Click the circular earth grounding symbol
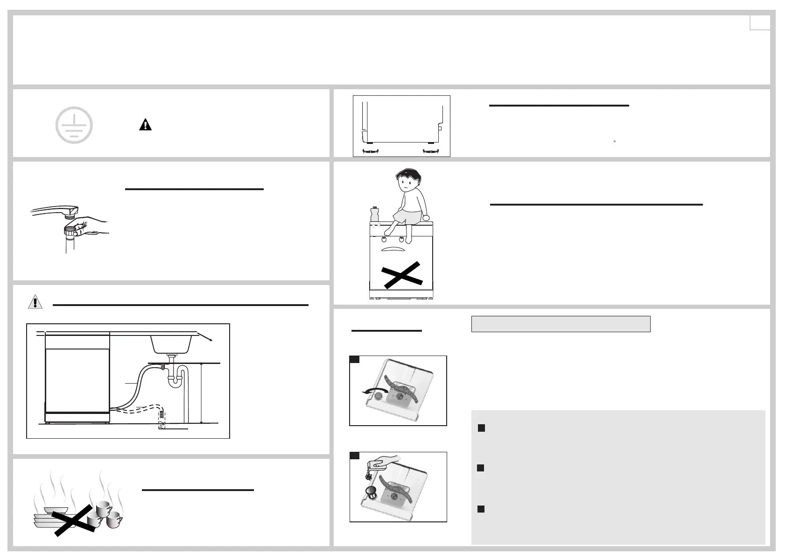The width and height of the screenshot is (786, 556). tap(74, 125)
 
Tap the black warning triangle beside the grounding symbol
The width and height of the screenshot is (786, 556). tap(146, 125)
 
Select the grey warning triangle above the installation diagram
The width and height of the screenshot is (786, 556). tap(35, 302)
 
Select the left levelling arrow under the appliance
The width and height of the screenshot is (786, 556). tap(370, 150)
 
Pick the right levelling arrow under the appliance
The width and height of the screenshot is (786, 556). tap(431, 150)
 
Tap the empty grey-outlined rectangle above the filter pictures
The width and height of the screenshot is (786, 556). tap(561, 324)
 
